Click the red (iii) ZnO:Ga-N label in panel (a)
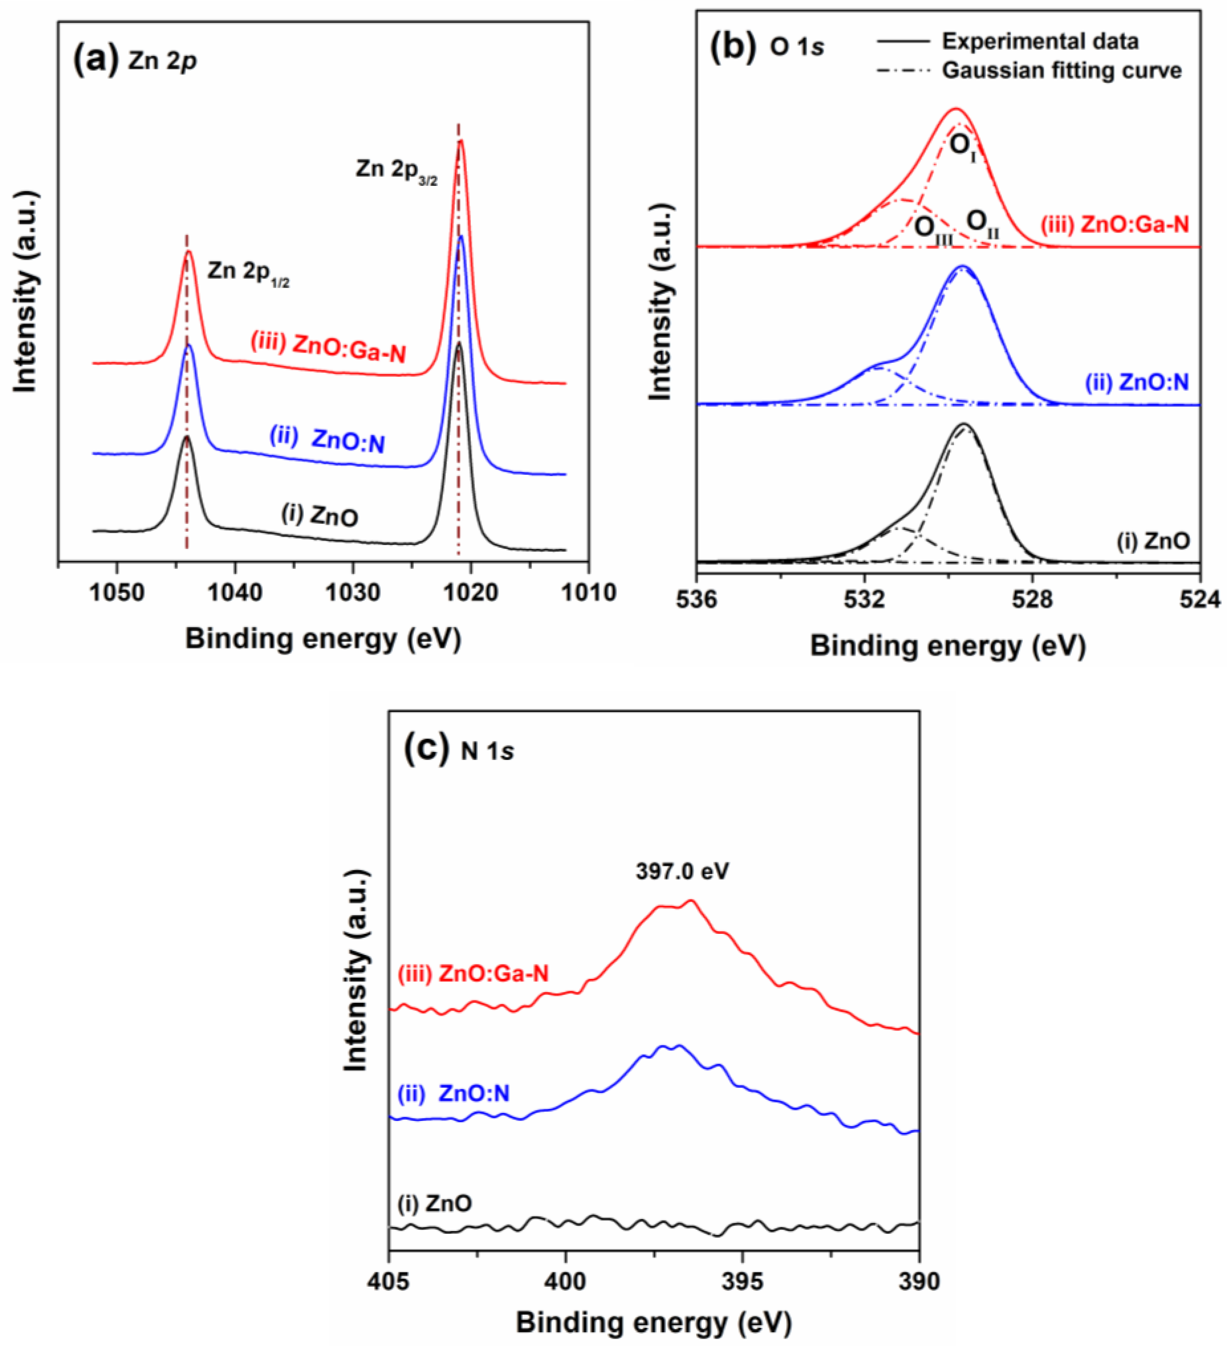328,348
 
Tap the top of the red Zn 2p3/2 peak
460,142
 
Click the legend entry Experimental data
1039,41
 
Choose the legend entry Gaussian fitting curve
1062,70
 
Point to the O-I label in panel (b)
962,145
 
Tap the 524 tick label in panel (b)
1200,599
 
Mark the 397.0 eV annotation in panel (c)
682,871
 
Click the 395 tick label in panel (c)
743,1281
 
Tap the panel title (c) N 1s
459,750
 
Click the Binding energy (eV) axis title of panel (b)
948,646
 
